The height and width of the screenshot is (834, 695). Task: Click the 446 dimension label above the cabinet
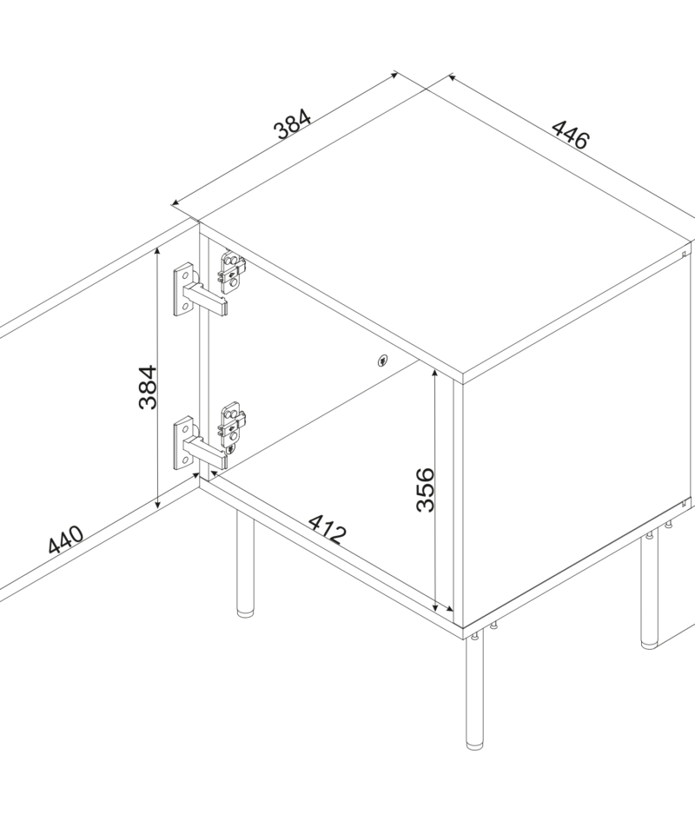tap(571, 135)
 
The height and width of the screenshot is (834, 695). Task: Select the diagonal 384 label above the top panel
tap(292, 124)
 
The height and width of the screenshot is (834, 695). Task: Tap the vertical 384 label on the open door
tap(148, 387)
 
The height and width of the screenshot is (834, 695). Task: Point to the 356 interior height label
tap(425, 489)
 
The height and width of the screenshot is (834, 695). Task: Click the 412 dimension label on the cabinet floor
tap(328, 529)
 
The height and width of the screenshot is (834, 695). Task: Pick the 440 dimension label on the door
tap(65, 539)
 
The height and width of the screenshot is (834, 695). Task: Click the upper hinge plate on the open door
tap(183, 290)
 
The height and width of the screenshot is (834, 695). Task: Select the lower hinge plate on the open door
tap(183, 443)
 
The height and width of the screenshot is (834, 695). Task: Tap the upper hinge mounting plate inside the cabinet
tap(232, 272)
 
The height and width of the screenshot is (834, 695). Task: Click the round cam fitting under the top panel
tap(382, 361)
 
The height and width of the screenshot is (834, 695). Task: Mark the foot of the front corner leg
tap(474, 745)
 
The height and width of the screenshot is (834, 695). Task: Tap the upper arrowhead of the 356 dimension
tap(435, 374)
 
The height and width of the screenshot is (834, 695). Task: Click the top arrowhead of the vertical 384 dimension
tap(157, 253)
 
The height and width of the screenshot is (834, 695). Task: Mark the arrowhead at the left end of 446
tap(453, 78)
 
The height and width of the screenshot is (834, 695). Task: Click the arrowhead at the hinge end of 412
tap(215, 473)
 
